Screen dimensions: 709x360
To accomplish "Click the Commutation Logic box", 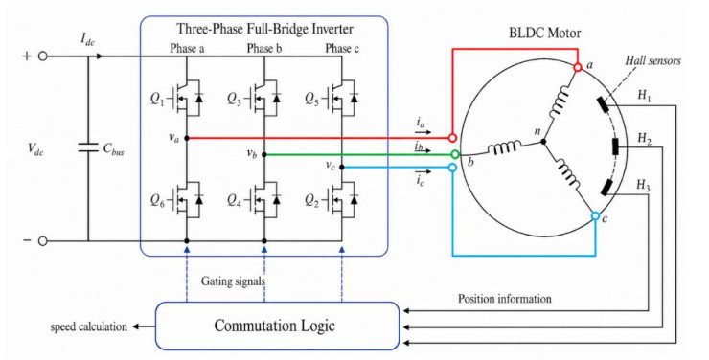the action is (x=277, y=326).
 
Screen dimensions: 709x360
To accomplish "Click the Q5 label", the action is (x=311, y=99).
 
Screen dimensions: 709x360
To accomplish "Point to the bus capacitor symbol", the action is (x=88, y=147).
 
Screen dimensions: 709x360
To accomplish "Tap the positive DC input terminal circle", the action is (x=42, y=56).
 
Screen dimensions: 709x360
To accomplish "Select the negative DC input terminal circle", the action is (x=42, y=241).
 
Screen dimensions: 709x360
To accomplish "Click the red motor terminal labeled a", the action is (x=578, y=67).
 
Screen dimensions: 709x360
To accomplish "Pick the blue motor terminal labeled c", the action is (x=596, y=216).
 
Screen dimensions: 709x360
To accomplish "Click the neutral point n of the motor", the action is (x=543, y=142).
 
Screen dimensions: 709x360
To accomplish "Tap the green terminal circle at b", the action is (x=455, y=154).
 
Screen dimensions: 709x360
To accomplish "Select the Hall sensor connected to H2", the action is (x=615, y=146).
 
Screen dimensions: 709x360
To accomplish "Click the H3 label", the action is (x=643, y=185).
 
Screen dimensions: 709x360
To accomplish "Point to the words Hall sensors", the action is (x=652, y=60).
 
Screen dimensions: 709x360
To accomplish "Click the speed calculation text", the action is (x=88, y=326).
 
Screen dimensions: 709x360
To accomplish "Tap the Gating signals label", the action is (x=233, y=281).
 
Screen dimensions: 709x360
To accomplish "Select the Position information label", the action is (x=505, y=299).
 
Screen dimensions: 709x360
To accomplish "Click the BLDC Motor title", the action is (x=545, y=33).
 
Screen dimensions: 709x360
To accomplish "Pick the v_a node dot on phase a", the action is (x=187, y=138).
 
